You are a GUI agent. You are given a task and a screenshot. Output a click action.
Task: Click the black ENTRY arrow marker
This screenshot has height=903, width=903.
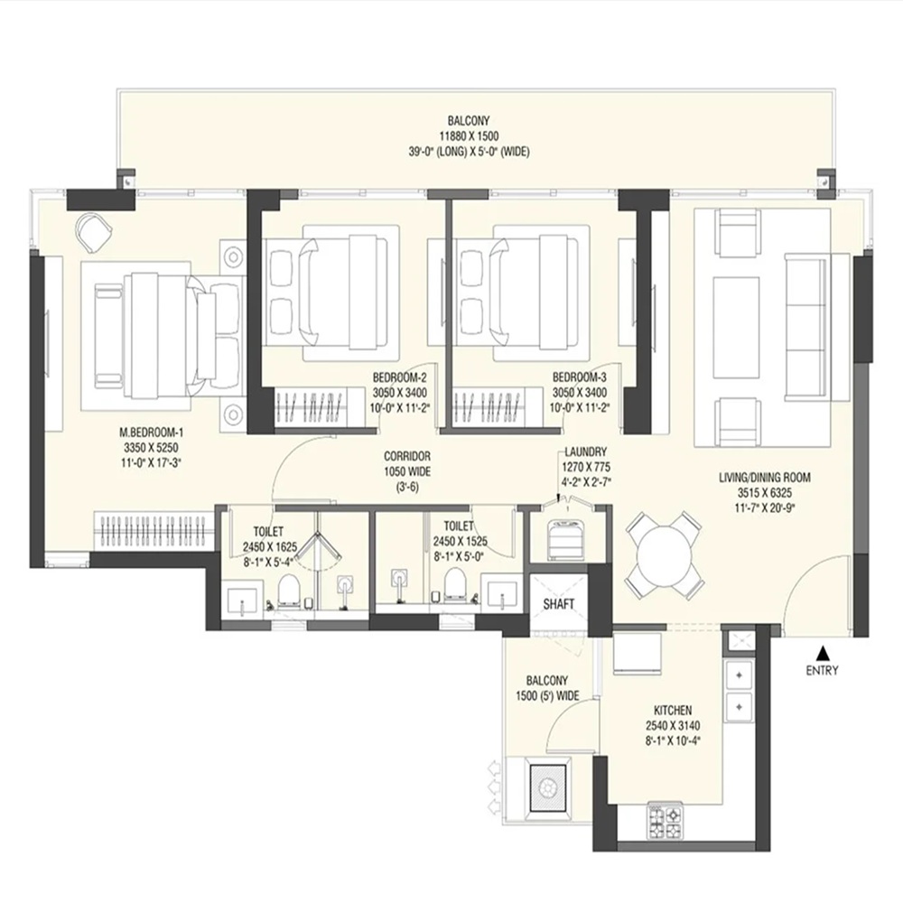[x=824, y=653]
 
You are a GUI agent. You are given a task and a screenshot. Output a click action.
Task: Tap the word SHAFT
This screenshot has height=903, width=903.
[x=559, y=604]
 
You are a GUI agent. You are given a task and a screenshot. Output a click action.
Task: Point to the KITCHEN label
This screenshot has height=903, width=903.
[x=673, y=711]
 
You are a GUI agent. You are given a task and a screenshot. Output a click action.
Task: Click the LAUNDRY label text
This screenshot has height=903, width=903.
[x=586, y=452]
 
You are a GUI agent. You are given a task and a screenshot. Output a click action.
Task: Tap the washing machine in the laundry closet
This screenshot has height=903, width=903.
[x=559, y=538]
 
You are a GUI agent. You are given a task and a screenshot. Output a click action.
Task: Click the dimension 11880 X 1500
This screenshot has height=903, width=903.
[x=469, y=136]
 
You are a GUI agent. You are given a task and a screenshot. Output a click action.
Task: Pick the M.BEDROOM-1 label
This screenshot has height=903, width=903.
[x=152, y=432]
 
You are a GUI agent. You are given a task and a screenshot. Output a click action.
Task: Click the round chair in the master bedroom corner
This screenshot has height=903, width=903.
[x=93, y=231]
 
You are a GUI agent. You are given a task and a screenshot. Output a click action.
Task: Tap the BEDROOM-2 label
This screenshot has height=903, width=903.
[x=400, y=377]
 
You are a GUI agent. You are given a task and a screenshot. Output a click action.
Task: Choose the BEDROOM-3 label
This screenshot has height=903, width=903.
[x=580, y=377]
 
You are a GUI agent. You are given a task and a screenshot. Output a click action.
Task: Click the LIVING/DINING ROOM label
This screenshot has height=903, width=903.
[x=764, y=478]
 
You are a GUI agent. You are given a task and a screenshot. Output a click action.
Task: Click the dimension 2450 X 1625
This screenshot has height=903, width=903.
[x=270, y=546]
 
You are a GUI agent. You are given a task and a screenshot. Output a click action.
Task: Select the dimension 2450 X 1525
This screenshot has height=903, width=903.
[x=460, y=541]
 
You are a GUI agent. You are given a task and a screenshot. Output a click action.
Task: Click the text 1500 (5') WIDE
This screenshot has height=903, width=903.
[x=548, y=695]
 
